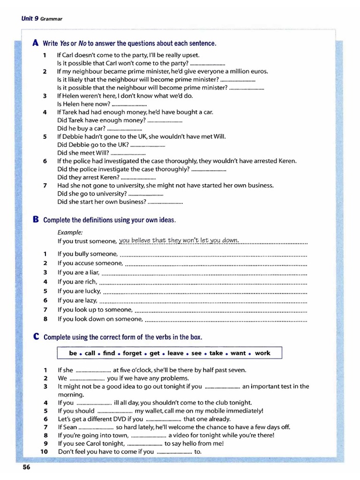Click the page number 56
tap(26, 467)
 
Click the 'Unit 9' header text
tap(30, 18)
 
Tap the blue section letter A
tap(36, 43)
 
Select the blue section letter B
tap(36, 219)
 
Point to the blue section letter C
tap(36, 337)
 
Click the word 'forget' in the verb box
tap(132, 353)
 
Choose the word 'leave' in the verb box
tap(175, 353)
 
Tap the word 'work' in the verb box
tap(262, 353)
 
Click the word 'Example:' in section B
tap(70, 232)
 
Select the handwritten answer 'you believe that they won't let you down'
tap(179, 241)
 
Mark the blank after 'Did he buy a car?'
tap(125, 128)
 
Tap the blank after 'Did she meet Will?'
tap(128, 153)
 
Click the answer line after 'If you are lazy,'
tap(203, 300)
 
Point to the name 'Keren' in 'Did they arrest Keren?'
tap(110, 177)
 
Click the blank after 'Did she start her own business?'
tap(165, 202)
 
